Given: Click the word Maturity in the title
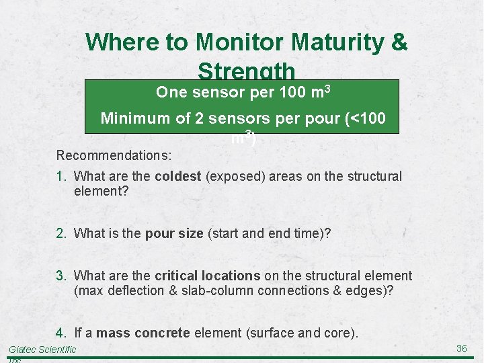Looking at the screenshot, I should (x=319, y=42).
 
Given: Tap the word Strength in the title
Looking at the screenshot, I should (x=247, y=71).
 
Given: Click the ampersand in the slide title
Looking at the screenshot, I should (x=399, y=42).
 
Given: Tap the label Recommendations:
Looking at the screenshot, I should (x=114, y=155).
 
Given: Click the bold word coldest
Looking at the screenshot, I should (x=178, y=176).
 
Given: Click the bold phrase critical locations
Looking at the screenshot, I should (x=207, y=276).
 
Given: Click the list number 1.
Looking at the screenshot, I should (x=61, y=176).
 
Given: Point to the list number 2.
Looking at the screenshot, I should (x=61, y=233).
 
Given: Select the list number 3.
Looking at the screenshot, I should (x=61, y=276).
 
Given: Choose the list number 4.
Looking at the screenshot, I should (x=61, y=333).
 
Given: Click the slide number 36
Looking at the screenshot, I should (x=461, y=348).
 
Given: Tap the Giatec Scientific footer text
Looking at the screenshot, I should (x=42, y=350).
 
